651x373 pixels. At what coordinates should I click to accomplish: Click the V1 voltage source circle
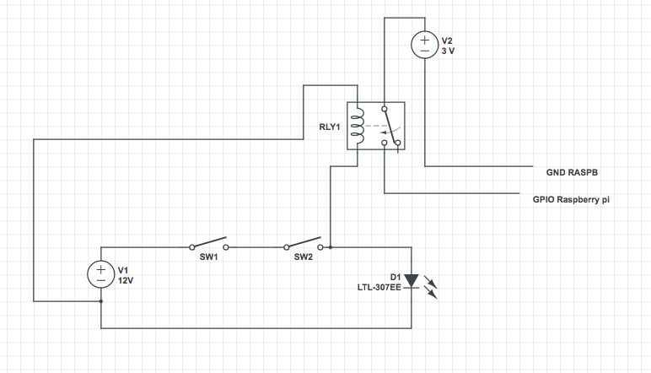[101, 273]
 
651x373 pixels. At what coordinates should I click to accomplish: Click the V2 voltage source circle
[424, 45]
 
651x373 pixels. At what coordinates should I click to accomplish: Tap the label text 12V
[126, 279]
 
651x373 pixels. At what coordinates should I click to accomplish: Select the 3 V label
[450, 51]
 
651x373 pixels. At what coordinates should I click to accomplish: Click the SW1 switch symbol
[209, 245]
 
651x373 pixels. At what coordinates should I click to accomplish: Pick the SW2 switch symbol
[304, 244]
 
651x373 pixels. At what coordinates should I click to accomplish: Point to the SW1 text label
[209, 257]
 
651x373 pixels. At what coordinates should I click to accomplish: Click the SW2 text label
[304, 257]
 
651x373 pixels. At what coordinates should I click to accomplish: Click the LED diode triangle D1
[411, 280]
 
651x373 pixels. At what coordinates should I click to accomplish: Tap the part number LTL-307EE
[380, 288]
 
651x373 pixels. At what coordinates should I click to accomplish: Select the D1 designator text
[395, 276]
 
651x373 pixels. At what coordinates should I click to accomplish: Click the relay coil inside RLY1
[358, 126]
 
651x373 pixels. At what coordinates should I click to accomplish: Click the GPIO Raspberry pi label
[571, 200]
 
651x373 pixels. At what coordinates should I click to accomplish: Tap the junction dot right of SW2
[330, 247]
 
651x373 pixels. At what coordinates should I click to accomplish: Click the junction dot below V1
[101, 300]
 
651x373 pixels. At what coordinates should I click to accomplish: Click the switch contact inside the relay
[390, 127]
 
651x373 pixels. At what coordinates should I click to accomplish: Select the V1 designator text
[123, 269]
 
